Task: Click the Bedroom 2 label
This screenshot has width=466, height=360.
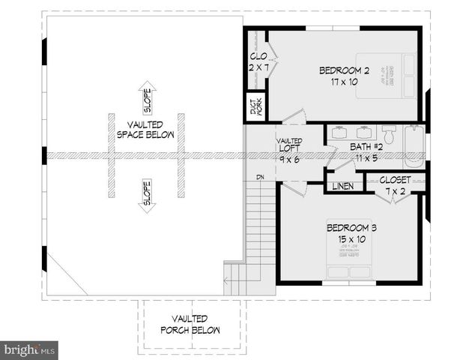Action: (x=345, y=70)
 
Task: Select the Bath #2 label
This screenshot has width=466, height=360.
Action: (x=367, y=146)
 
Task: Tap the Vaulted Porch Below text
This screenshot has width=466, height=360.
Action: (x=190, y=324)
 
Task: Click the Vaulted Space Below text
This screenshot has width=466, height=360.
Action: (x=145, y=130)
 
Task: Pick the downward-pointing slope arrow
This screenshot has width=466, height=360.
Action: (x=147, y=195)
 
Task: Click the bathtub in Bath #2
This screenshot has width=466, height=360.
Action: (x=414, y=148)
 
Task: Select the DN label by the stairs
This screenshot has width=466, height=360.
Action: (x=260, y=178)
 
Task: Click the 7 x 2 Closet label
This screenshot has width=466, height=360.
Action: (x=394, y=185)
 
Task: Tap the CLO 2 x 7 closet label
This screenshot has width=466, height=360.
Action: (x=258, y=61)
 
